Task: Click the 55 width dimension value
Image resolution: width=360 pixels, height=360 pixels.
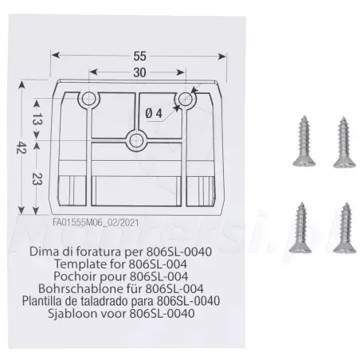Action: point(139,56)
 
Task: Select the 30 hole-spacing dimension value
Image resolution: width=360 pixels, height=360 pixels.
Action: point(139,72)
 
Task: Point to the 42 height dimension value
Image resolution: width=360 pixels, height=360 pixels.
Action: point(22,147)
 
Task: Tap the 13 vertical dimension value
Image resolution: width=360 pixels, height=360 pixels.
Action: point(37,119)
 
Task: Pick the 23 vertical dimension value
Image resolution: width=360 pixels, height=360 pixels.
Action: point(37,178)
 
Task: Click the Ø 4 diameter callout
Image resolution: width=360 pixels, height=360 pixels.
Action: point(154,114)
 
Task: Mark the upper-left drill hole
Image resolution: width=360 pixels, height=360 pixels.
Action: point(88,99)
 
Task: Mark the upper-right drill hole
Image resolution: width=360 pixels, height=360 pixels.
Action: point(186,99)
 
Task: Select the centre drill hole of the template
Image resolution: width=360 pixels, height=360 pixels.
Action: point(136,140)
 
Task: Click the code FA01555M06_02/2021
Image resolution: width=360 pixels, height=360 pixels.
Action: point(96,222)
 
